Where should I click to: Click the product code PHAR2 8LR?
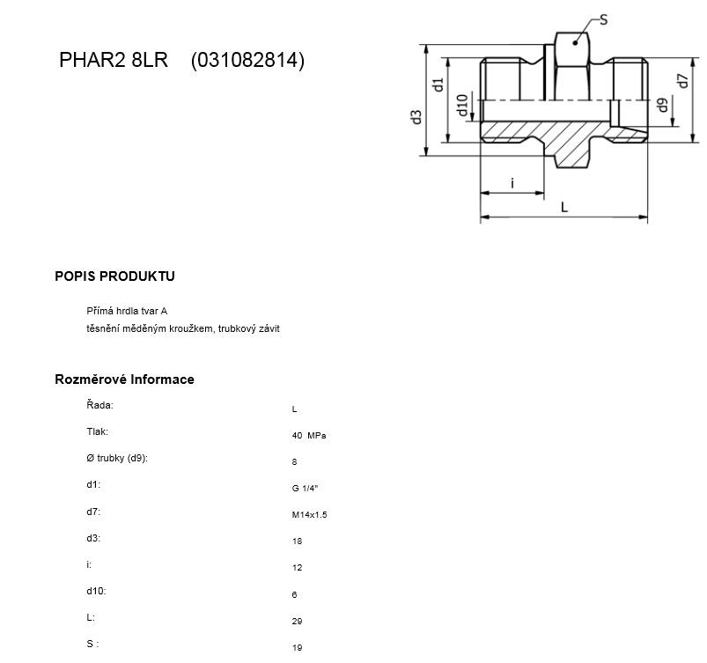(x=114, y=60)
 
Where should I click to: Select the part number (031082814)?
(x=247, y=60)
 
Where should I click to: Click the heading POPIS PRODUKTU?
(x=114, y=276)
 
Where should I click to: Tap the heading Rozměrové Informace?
(x=124, y=379)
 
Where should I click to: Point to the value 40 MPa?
(x=309, y=436)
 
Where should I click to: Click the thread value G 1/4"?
(x=305, y=488)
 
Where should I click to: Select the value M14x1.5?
(x=309, y=514)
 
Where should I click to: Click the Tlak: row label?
(x=98, y=431)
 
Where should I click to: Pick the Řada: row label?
(x=99, y=404)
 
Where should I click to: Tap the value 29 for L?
(x=297, y=621)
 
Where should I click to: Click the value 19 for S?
(x=297, y=648)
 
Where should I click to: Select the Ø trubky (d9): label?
(x=117, y=458)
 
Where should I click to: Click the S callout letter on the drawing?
(x=603, y=20)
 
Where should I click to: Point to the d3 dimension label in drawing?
(x=416, y=117)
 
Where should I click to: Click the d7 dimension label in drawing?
(x=683, y=81)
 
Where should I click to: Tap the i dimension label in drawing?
(x=512, y=182)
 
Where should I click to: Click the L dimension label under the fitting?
(x=563, y=207)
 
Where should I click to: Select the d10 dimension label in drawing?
(x=462, y=105)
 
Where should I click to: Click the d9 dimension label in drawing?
(x=662, y=105)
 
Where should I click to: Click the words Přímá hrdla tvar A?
(x=127, y=311)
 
